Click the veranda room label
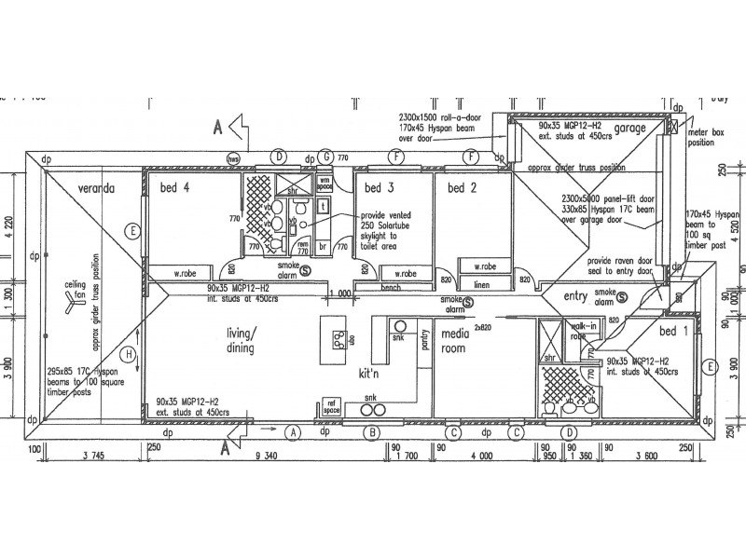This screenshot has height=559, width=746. (x=96, y=186)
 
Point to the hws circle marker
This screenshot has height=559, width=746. (x=233, y=156)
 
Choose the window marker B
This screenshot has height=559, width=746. (x=371, y=432)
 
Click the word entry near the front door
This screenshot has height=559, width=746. (x=579, y=296)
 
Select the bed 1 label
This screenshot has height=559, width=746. (x=672, y=332)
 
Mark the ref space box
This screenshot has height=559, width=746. (x=330, y=407)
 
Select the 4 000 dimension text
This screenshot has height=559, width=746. (x=482, y=456)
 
